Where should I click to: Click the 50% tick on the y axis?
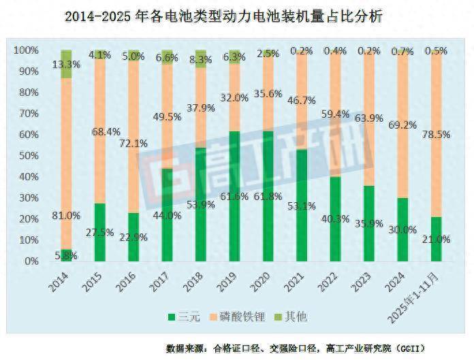click(28, 156)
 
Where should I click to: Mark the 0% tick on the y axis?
click(31, 261)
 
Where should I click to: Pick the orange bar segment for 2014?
click(66, 163)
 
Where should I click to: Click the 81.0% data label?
click(67, 216)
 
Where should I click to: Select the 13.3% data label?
click(67, 65)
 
